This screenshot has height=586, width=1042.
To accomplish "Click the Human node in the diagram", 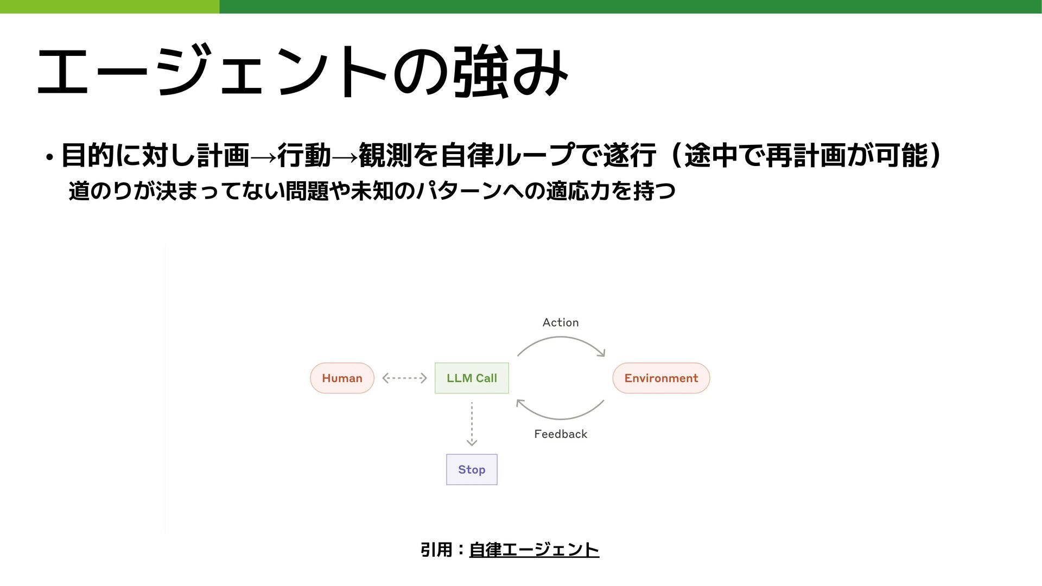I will pyautogui.click(x=342, y=378).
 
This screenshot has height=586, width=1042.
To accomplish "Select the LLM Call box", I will pyautogui.click(x=472, y=378).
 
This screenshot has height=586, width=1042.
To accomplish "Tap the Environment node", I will pyautogui.click(x=661, y=378).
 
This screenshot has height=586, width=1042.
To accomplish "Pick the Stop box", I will pyautogui.click(x=472, y=469).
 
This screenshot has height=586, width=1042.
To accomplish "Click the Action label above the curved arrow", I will pyautogui.click(x=561, y=322).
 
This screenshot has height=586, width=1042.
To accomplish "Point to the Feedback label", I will pyautogui.click(x=561, y=434).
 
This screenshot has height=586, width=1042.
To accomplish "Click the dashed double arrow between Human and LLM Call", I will pyautogui.click(x=404, y=378).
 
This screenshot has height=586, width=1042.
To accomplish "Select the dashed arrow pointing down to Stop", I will pyautogui.click(x=472, y=423).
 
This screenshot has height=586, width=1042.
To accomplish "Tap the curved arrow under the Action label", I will pyautogui.click(x=561, y=339).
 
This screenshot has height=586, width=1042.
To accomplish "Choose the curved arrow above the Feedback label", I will pyautogui.click(x=561, y=418).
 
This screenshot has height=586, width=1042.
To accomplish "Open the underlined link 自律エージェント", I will pyautogui.click(x=534, y=550).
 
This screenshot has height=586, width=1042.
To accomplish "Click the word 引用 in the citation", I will pyautogui.click(x=436, y=550).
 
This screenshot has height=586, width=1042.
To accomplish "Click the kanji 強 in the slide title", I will pyautogui.click(x=480, y=72).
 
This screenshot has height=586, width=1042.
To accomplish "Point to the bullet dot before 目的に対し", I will pyautogui.click(x=49, y=158).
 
